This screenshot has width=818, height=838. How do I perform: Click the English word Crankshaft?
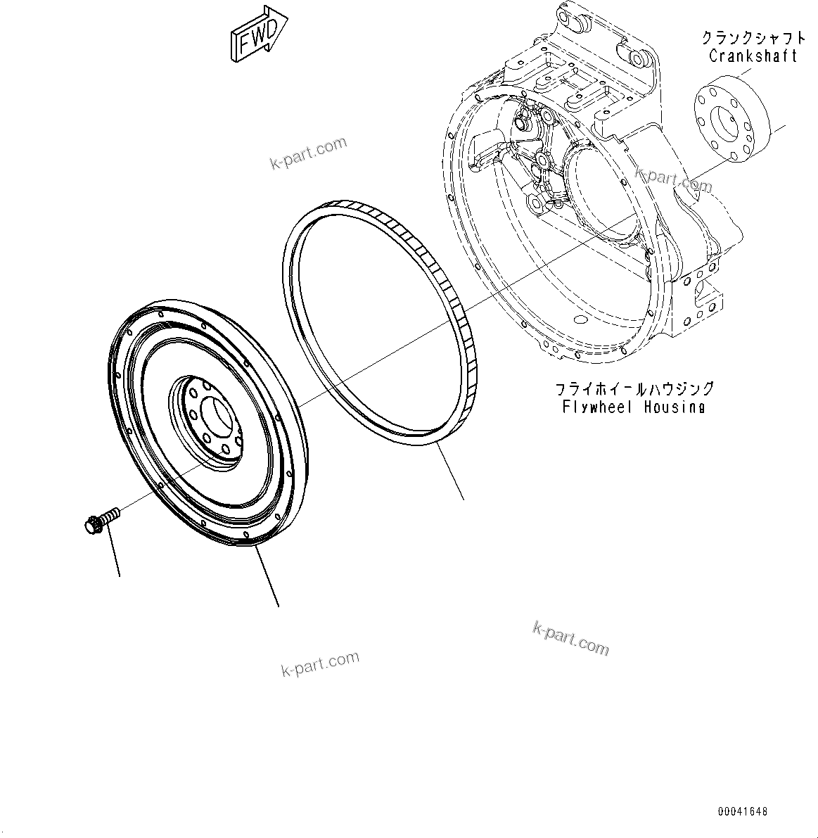coord(753,56)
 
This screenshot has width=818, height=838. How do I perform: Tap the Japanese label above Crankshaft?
coord(753,38)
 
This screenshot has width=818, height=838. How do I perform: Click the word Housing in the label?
coord(675,407)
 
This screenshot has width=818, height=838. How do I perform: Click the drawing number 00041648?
coord(743,812)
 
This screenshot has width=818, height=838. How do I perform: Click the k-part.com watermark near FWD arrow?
coord(309,153)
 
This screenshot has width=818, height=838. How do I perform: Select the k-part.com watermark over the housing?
coord(673,179)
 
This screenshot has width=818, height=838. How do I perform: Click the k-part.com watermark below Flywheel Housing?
coord(570,638)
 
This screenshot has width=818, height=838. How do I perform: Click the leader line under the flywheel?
coord(267,577)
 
